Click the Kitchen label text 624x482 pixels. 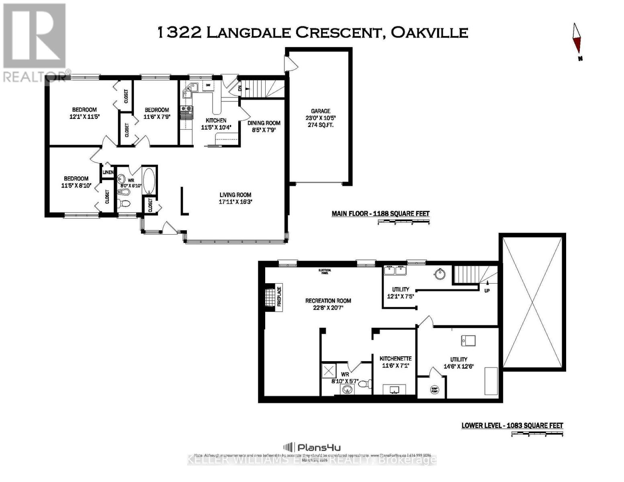pos(216,120)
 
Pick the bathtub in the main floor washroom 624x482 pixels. pos(149,181)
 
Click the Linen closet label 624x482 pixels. pos(108,172)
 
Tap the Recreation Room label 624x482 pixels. pos(328,300)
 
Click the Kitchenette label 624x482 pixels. pos(395,358)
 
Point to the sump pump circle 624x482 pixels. pos(434,389)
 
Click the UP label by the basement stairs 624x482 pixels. pos(487,290)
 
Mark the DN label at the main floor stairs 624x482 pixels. pos(240,88)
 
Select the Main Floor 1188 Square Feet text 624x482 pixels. pos(380,214)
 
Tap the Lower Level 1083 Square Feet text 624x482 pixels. pos(512,425)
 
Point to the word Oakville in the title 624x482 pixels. pos(430,33)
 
